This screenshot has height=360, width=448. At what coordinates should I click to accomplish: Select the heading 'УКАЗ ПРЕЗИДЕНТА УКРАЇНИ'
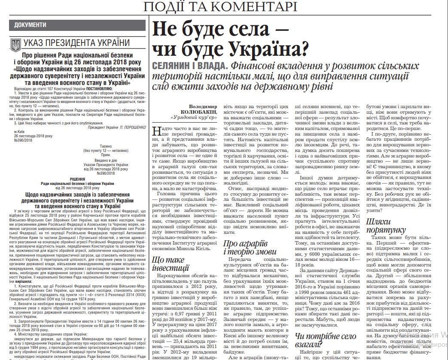tap(76, 43)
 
